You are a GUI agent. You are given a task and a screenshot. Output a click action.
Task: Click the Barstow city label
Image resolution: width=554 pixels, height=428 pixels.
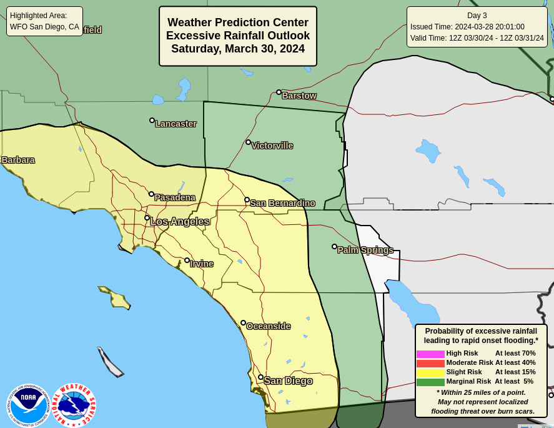(x=299, y=96)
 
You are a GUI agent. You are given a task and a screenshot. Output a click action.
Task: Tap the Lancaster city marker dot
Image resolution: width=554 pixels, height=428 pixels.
(x=152, y=120)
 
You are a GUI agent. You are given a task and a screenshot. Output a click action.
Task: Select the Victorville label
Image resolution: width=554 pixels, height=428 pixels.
(x=272, y=146)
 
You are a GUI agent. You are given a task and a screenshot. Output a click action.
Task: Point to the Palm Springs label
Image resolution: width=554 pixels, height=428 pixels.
(x=365, y=250)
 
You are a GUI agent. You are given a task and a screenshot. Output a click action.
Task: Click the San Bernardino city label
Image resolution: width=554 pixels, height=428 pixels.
(x=282, y=203)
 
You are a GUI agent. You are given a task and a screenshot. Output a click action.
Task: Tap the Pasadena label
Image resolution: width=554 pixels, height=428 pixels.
(x=175, y=197)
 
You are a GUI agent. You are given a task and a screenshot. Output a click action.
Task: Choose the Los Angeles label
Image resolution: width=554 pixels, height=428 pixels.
(x=180, y=221)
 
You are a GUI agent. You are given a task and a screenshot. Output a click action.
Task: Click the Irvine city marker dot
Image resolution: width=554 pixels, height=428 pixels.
(x=187, y=260)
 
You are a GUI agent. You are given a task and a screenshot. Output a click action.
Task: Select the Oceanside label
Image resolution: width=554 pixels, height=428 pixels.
(x=268, y=326)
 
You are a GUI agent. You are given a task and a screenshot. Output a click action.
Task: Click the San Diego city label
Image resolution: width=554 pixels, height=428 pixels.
(x=288, y=381)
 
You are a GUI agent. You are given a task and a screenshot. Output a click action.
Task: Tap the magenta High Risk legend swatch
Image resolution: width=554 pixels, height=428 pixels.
(x=430, y=354)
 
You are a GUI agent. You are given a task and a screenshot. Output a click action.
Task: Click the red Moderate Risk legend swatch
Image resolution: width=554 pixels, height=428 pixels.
(x=430, y=363)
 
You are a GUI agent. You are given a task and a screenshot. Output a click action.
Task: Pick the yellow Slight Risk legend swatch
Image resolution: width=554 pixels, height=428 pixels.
(x=430, y=372)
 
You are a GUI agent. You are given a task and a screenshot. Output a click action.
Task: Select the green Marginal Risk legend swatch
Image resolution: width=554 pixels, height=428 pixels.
(x=430, y=382)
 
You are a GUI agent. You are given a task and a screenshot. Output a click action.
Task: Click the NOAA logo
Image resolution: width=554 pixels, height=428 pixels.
(x=28, y=405)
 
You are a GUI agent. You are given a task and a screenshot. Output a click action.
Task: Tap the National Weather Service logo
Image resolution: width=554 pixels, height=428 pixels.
(x=74, y=405)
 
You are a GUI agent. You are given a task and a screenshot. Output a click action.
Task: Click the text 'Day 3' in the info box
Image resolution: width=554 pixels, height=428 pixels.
(x=477, y=16)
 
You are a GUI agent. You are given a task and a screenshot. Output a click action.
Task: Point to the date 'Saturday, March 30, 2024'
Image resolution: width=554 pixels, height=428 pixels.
(x=238, y=49)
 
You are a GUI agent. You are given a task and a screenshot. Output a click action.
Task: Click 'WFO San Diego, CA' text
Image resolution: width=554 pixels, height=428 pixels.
(x=44, y=27)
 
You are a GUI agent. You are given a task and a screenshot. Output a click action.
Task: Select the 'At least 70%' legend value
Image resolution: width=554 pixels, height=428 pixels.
(x=515, y=353)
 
